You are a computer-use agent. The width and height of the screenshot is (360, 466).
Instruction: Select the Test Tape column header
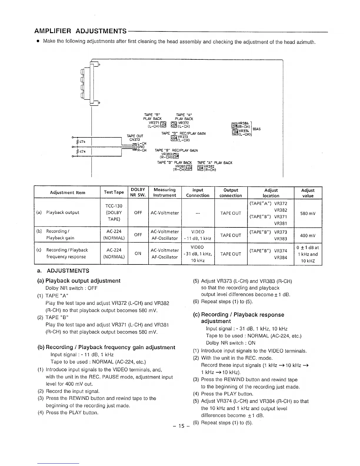click(114, 192)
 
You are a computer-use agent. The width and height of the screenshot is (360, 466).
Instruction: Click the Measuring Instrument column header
click(165, 192)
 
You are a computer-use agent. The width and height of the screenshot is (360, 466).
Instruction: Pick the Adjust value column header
click(308, 193)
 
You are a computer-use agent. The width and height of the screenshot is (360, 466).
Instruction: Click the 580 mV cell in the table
click(308, 213)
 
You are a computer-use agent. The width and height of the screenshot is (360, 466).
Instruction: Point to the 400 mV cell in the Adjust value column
click(308, 235)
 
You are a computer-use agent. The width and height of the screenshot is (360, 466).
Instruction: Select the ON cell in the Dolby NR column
click(138, 253)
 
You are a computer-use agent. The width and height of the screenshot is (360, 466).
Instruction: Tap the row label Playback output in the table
click(62, 212)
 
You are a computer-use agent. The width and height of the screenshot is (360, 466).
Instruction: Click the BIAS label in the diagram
click(256, 129)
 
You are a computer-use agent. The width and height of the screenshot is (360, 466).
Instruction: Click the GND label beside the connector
click(141, 147)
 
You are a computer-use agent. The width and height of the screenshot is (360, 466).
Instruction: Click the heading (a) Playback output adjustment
click(79, 281)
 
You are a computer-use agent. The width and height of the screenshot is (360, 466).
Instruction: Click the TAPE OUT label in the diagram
click(135, 136)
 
